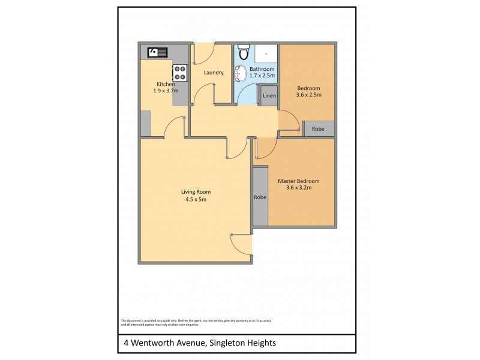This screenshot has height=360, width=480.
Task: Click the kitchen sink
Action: click(x=158, y=52)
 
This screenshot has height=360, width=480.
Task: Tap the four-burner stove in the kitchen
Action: click(x=180, y=73)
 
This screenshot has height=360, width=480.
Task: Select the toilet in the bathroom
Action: click(x=242, y=53)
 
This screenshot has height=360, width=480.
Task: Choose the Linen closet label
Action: click(x=269, y=96)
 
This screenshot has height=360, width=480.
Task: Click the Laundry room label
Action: click(x=214, y=73)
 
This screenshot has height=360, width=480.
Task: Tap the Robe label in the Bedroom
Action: click(x=318, y=129)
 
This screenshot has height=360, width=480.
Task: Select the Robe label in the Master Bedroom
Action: click(x=260, y=197)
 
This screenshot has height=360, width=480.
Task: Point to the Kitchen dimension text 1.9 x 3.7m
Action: click(x=166, y=91)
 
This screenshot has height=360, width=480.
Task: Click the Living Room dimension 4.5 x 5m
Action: click(x=196, y=199)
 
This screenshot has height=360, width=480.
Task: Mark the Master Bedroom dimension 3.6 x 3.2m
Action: click(x=298, y=188)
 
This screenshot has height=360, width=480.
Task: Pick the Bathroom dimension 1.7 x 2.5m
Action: click(x=262, y=76)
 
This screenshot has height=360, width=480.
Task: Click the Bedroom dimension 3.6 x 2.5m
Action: click(x=309, y=95)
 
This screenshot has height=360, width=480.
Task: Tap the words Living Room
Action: click(x=196, y=192)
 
